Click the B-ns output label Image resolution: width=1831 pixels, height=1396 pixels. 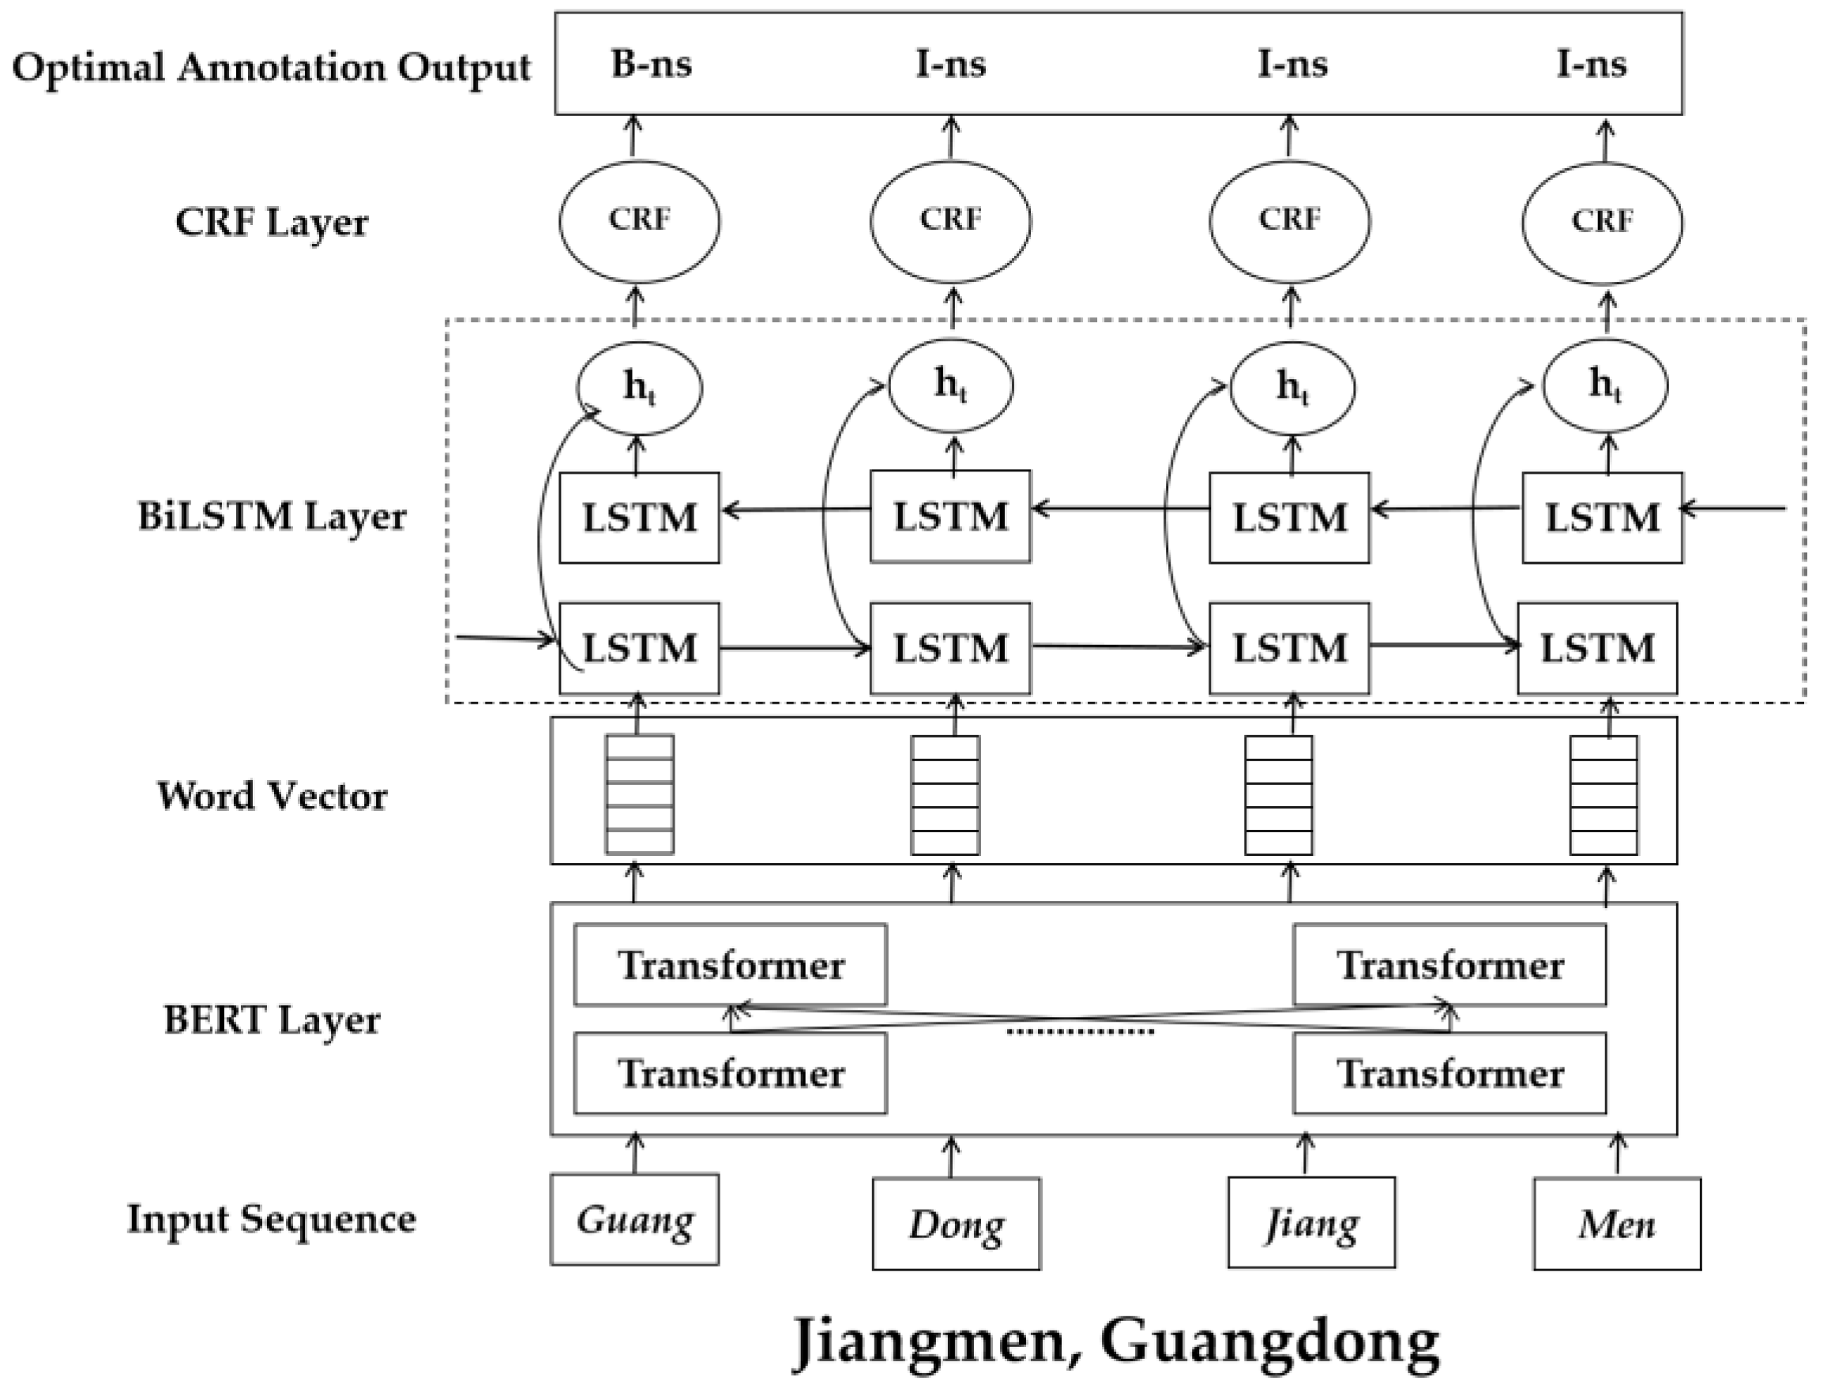[651, 64]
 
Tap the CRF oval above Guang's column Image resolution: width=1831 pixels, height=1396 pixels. [638, 221]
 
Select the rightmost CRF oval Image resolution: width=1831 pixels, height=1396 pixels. [1602, 221]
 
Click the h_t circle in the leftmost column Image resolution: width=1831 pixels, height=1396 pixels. [638, 387]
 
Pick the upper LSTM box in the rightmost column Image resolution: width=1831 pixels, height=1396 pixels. [1602, 518]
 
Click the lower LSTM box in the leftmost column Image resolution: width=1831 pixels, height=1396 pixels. [638, 648]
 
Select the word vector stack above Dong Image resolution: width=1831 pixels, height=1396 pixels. [945, 795]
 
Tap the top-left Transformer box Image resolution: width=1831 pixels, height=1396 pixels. [730, 965]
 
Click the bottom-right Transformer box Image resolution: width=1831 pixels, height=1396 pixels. [1449, 1074]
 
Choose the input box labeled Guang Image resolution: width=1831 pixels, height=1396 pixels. [634, 1220]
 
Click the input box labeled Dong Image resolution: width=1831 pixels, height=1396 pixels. [956, 1224]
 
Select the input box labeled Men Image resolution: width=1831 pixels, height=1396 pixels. [1617, 1224]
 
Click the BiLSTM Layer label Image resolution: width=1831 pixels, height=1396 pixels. [272, 517]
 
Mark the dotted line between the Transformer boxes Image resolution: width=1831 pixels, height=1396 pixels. [1081, 1032]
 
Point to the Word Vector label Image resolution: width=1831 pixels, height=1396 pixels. [272, 796]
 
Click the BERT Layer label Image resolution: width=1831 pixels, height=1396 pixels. [272, 1019]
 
